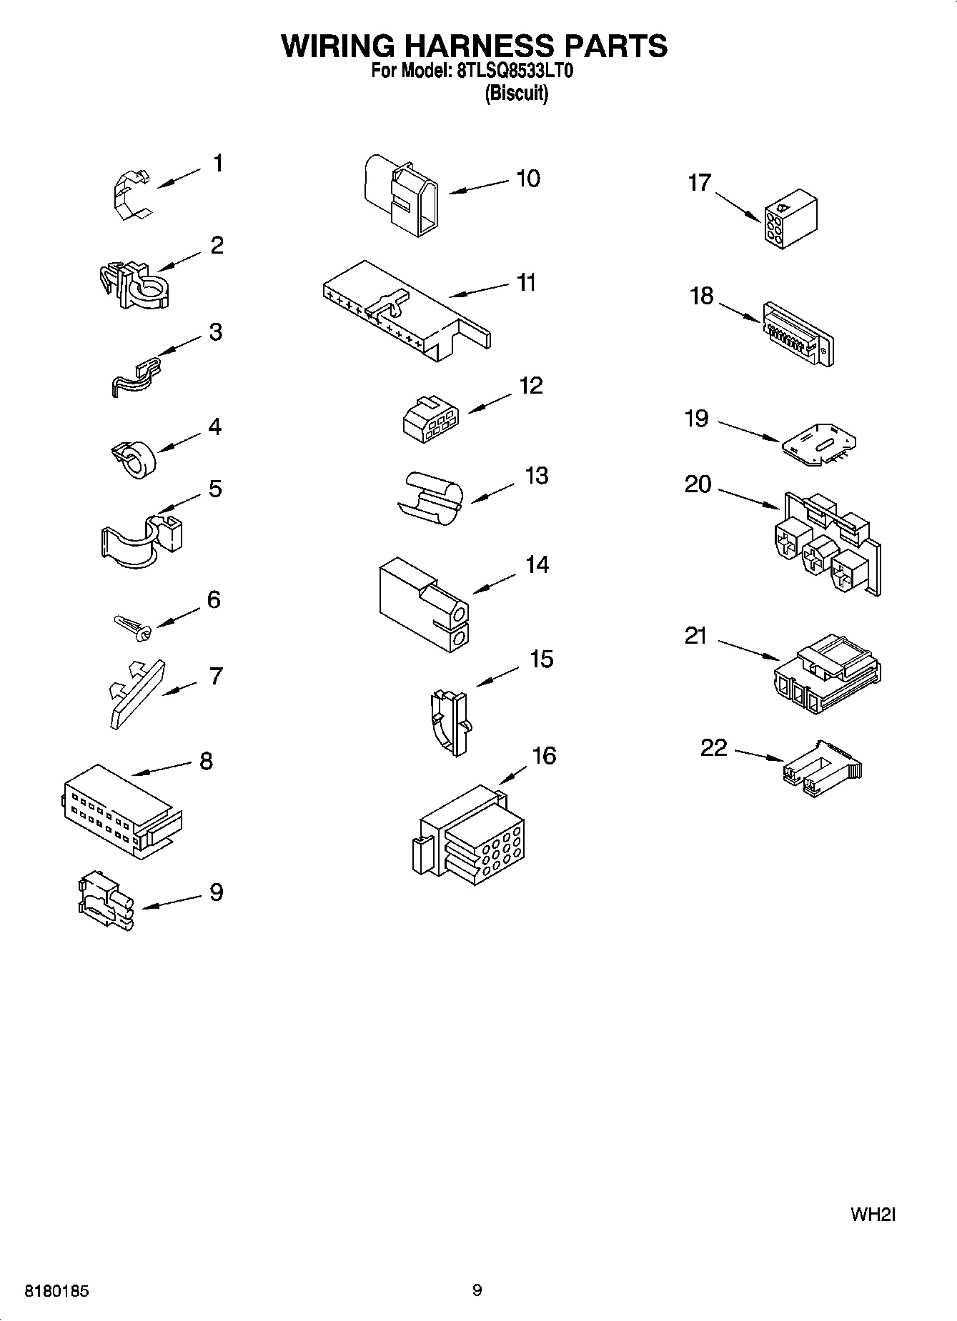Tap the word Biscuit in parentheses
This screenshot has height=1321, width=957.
pyautogui.click(x=517, y=94)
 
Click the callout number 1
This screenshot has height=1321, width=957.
pyautogui.click(x=218, y=164)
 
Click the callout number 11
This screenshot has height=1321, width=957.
pyautogui.click(x=526, y=283)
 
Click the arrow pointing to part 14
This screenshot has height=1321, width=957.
pyautogui.click(x=494, y=583)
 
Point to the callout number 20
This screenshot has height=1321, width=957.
pyautogui.click(x=698, y=484)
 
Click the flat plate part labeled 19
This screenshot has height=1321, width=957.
pyautogui.click(x=819, y=446)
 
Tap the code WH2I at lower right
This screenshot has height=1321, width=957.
pyautogui.click(x=873, y=1215)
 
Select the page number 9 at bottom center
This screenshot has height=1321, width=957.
pyautogui.click(x=477, y=1290)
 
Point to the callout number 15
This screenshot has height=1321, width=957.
pyautogui.click(x=541, y=659)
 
